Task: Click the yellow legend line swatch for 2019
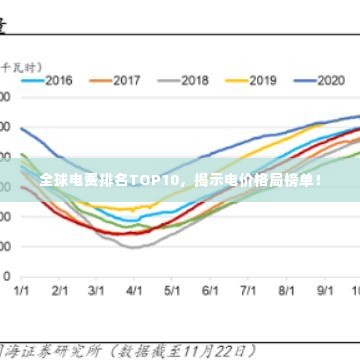click(x=236, y=79)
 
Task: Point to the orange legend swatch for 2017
click(x=100, y=79)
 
